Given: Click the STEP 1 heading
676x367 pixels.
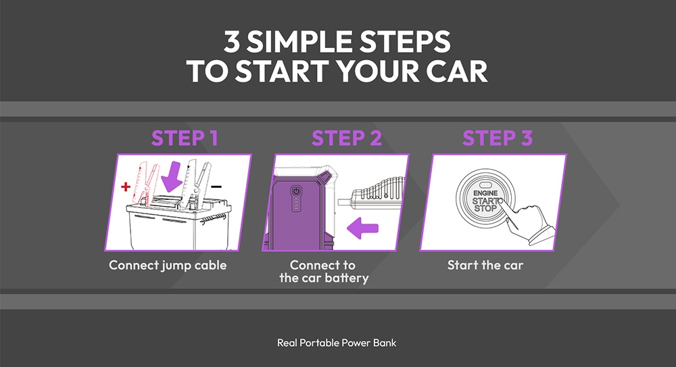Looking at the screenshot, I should (185, 139).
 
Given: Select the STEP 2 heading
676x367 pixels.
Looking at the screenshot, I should (347, 139).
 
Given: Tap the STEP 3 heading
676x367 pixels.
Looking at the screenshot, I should (498, 139).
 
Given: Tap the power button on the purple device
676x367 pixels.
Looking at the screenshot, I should (295, 191).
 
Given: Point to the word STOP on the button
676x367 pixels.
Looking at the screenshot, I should (485, 209).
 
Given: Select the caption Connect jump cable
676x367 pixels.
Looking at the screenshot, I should (168, 265).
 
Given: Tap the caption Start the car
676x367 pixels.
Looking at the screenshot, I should (485, 265).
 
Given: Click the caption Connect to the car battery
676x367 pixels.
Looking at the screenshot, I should (323, 272).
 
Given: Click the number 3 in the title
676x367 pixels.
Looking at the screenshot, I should (232, 42).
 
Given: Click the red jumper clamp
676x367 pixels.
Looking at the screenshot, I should (147, 179).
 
